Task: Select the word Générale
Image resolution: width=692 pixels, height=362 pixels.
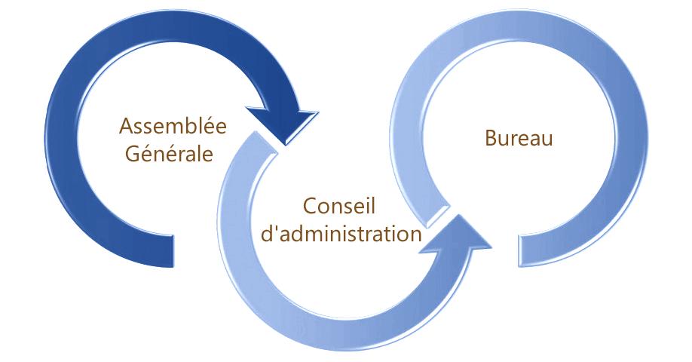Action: pyautogui.click(x=167, y=153)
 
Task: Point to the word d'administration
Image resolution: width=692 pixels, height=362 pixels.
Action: pyautogui.click(x=340, y=233)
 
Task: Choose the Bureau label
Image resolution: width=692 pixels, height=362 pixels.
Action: pyautogui.click(x=519, y=139)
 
